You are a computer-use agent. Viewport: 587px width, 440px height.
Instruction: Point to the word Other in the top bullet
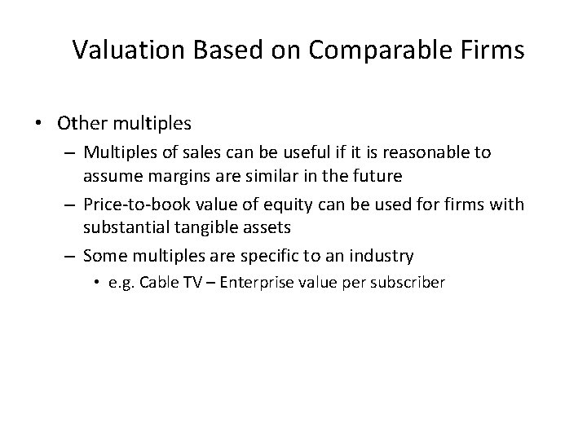(79, 124)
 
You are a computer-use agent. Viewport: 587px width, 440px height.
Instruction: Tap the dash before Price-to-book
(71, 204)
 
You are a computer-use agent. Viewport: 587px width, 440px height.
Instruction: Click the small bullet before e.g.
(98, 284)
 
